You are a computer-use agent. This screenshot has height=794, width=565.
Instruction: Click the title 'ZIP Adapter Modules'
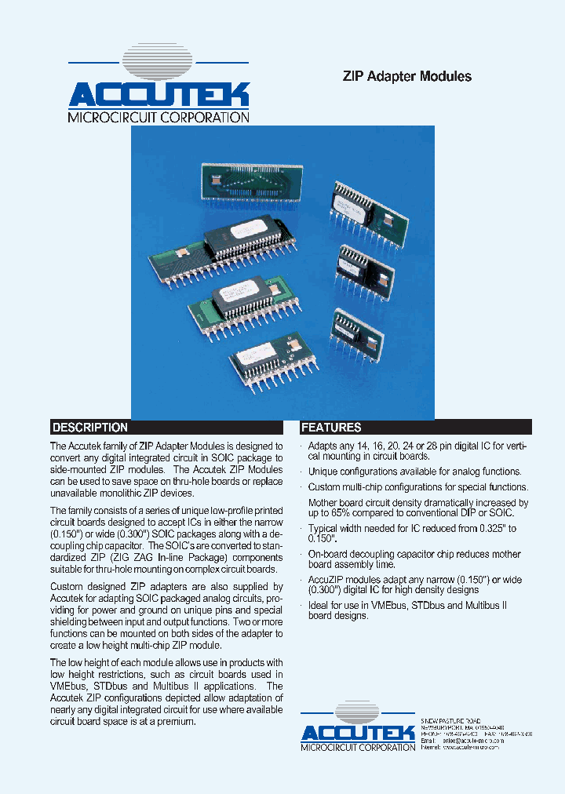406,77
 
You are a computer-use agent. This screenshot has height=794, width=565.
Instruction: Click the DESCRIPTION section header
89,428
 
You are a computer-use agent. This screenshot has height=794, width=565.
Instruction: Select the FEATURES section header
331,428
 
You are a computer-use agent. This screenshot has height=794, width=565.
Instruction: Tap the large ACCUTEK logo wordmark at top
159,95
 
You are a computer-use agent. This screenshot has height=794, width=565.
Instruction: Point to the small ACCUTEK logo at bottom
358,733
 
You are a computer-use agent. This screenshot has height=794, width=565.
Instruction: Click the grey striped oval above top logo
159,63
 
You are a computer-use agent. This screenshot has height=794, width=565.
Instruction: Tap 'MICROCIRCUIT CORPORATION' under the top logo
159,118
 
